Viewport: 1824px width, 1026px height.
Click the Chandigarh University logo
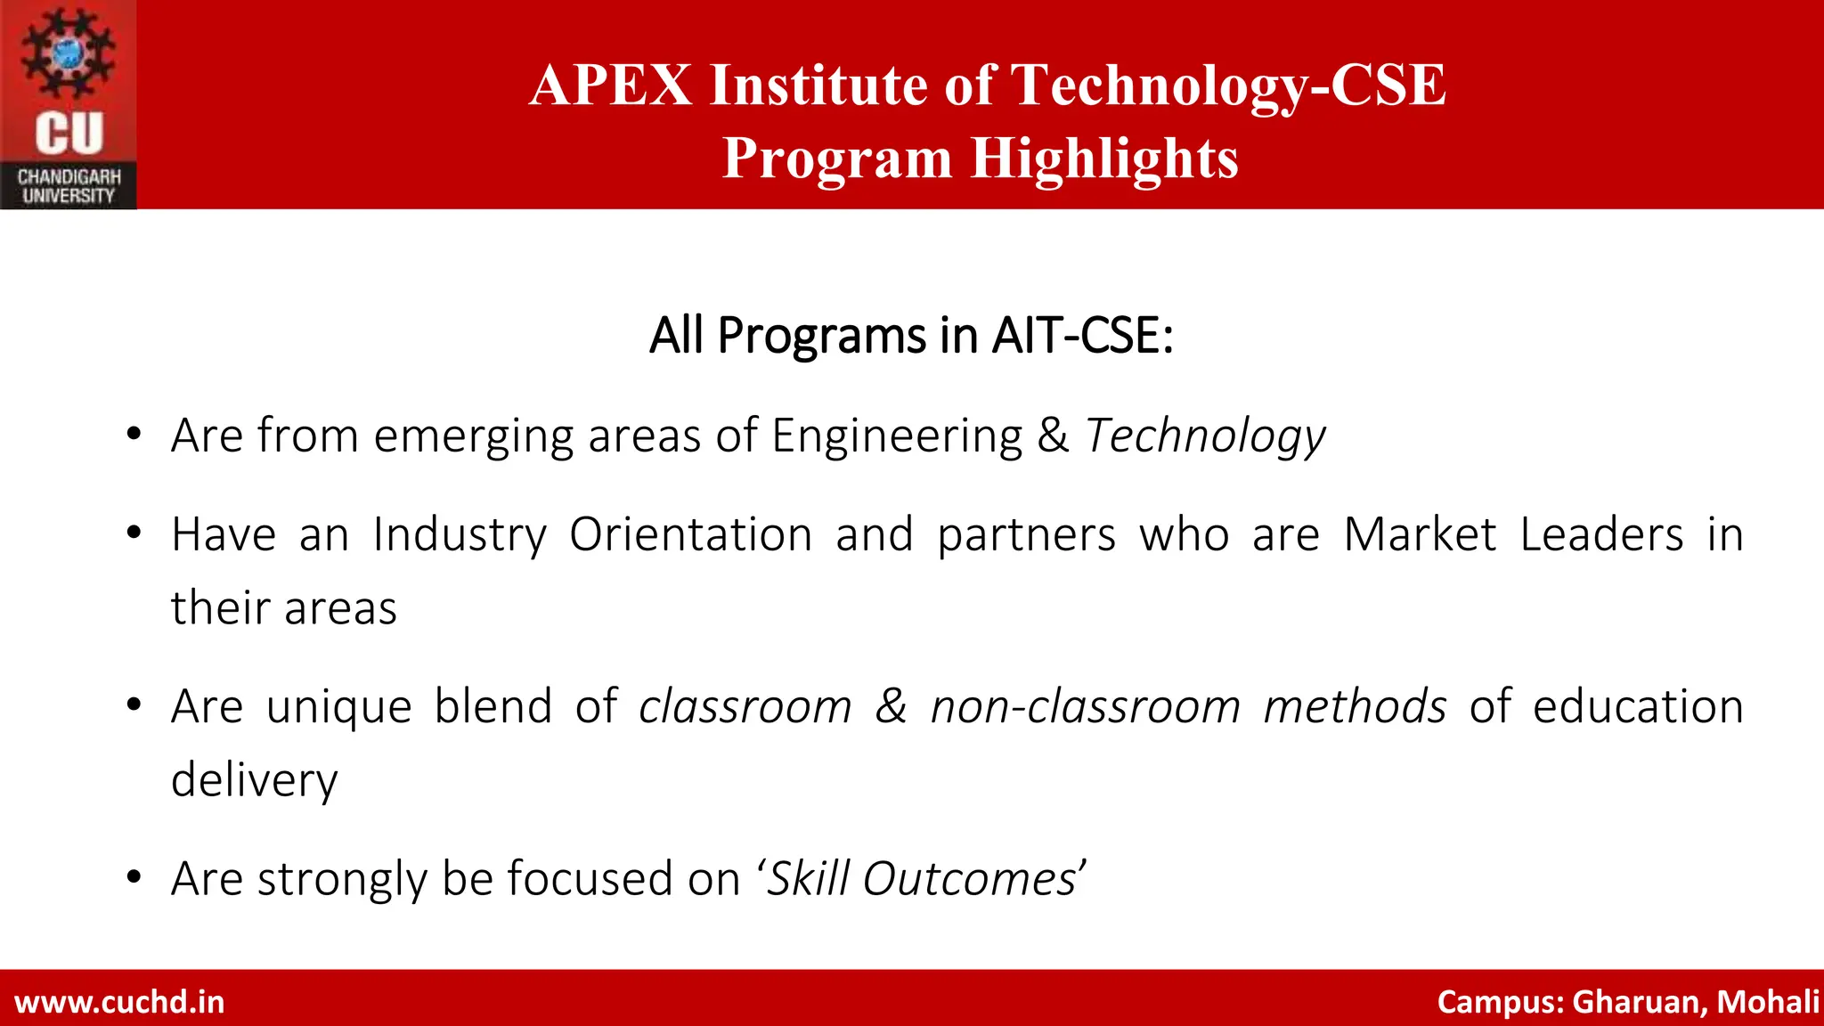point(69,105)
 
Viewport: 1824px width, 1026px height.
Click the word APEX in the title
point(610,85)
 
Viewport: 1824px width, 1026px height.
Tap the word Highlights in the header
point(1103,159)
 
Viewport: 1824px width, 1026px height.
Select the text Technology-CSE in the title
point(1228,85)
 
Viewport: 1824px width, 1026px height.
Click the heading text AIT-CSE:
point(1082,336)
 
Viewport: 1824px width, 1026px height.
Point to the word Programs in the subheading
point(822,336)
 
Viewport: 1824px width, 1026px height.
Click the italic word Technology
point(1205,436)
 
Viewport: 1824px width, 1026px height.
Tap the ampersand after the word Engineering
point(1053,436)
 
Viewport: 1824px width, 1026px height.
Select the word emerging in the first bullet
point(473,436)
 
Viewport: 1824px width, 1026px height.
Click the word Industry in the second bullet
point(460,535)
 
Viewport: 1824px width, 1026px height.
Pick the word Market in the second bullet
point(1420,535)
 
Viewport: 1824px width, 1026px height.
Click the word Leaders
point(1601,535)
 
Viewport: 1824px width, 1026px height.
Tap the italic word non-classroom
point(1086,707)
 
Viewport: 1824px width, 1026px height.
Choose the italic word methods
point(1355,707)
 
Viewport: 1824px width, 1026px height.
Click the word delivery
point(255,781)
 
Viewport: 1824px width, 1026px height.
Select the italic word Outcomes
point(969,879)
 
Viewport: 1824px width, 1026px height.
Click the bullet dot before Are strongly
point(134,877)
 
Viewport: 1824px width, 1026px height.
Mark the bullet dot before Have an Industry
point(134,533)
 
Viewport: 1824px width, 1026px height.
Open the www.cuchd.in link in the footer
point(119,1002)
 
